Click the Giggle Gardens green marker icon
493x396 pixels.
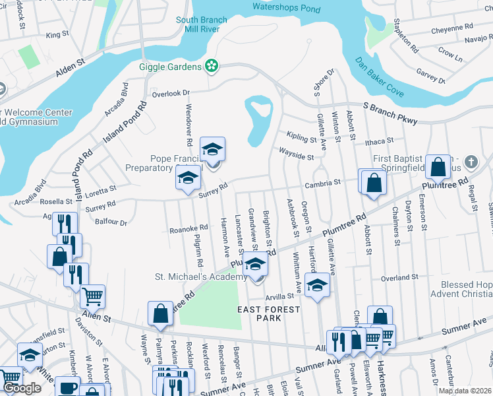211,66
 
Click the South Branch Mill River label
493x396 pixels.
201,25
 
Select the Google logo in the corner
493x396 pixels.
22,388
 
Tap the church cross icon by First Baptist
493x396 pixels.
471,161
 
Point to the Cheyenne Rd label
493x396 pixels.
452,29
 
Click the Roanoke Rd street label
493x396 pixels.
188,229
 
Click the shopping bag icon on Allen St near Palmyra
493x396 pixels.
160,314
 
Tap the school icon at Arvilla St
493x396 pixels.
317,286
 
